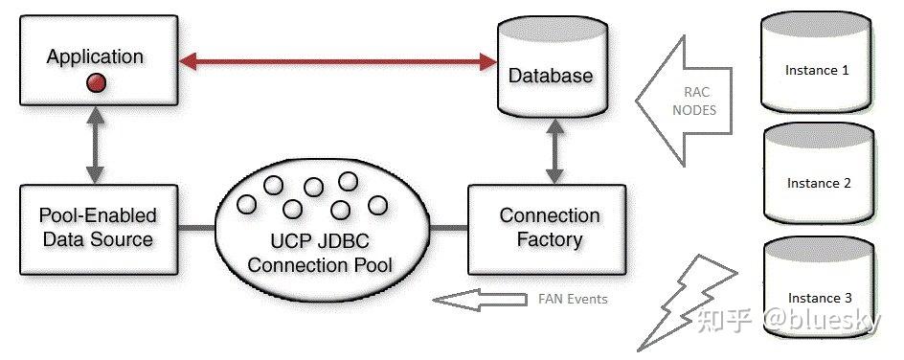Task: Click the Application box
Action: coord(95,59)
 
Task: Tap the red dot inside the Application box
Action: coord(95,84)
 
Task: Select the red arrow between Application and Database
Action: coord(335,62)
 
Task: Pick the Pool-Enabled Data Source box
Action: coord(98,227)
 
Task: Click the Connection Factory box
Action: coord(549,227)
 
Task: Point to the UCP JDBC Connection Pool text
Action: coord(320,251)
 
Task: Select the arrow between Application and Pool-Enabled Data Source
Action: coord(95,145)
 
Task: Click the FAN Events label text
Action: coord(566,299)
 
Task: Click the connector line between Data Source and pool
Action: coord(198,228)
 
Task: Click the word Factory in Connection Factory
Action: coord(549,239)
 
